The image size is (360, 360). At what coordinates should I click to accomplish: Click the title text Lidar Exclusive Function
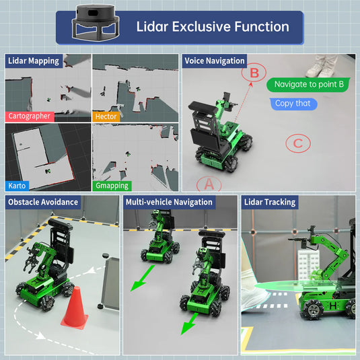[x=213, y=27]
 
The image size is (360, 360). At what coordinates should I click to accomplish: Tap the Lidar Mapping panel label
[x=34, y=61]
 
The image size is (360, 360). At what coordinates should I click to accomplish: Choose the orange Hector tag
[x=106, y=116]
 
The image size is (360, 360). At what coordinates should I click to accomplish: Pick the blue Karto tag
[x=17, y=185]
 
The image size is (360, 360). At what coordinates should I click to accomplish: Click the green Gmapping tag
[x=112, y=185]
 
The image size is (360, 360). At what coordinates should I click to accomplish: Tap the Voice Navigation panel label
[x=214, y=61]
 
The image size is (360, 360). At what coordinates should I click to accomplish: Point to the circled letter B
[x=254, y=73]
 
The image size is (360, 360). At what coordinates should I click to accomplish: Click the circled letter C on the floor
[x=297, y=143]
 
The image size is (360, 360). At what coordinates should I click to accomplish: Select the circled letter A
[x=209, y=183]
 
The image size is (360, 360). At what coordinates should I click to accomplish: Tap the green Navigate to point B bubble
[x=309, y=85]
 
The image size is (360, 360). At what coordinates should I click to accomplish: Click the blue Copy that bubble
[x=293, y=104]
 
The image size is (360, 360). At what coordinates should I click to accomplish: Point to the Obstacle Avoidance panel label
[x=42, y=202]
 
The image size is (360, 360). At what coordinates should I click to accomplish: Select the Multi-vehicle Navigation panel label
[x=169, y=202]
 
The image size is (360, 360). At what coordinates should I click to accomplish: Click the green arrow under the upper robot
[x=142, y=278]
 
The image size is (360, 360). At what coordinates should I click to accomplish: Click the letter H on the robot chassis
[x=332, y=305]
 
